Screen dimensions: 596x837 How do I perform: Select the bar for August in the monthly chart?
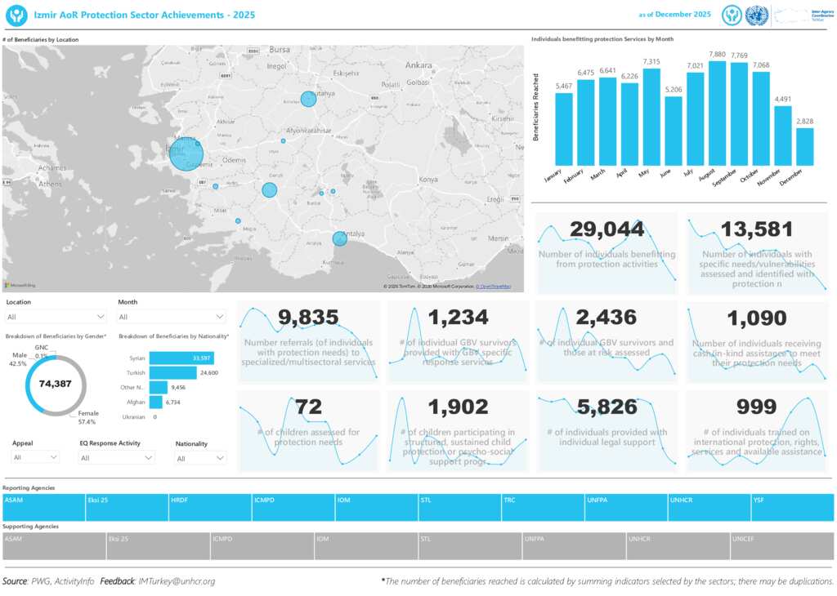point(717,113)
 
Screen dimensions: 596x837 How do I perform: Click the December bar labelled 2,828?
point(805,147)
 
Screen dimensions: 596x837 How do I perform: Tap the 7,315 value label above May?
point(651,62)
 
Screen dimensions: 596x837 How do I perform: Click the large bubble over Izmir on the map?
point(186,153)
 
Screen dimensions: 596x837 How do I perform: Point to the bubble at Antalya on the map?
point(339,238)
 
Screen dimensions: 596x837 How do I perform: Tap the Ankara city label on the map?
point(418,64)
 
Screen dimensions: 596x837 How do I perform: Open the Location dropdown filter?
point(56,317)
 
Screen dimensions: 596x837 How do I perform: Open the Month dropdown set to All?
point(172,317)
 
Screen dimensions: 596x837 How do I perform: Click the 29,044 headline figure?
point(607,229)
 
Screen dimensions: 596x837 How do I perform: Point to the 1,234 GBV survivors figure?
point(459,318)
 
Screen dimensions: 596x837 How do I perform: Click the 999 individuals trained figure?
point(756,407)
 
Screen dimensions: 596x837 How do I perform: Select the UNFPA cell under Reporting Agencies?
point(626,507)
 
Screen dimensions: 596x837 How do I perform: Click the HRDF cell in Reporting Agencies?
point(210,507)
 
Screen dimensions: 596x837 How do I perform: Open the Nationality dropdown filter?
point(200,458)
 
